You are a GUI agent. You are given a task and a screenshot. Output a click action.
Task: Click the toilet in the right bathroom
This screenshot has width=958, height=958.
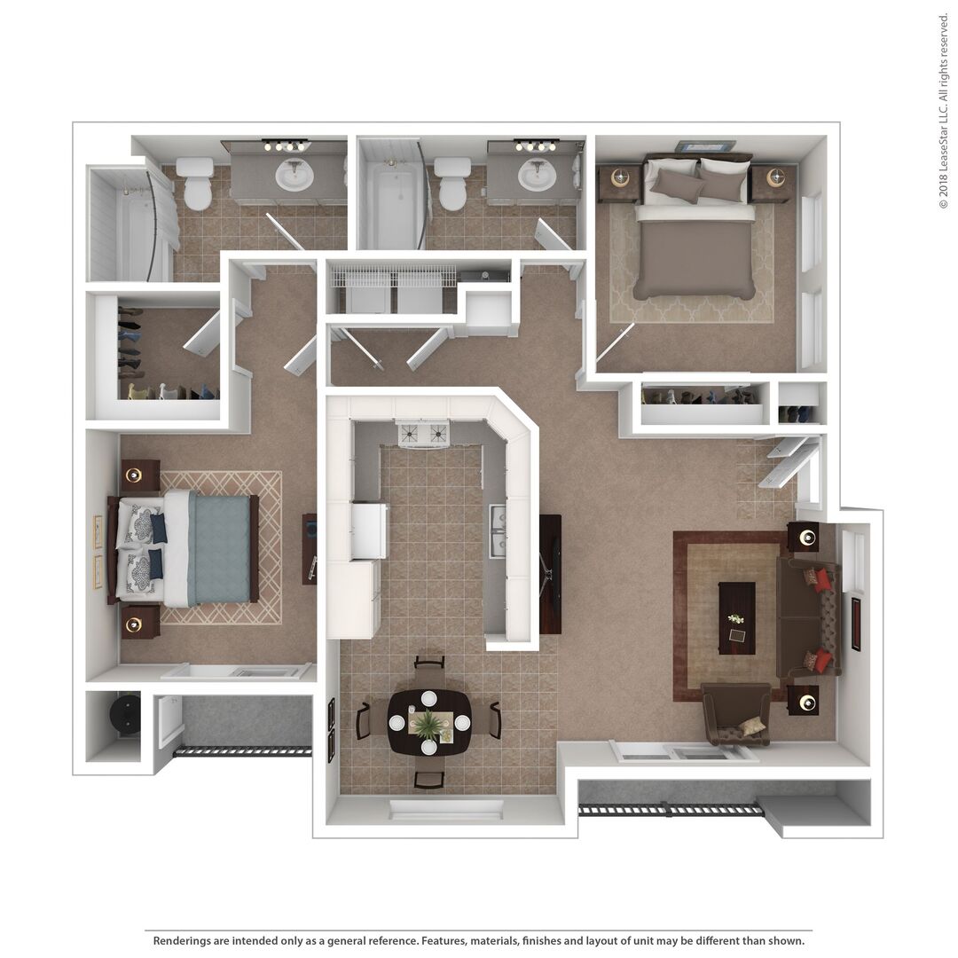[x=452, y=183]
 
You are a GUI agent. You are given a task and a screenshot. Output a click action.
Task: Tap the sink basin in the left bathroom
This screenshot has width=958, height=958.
[x=294, y=175]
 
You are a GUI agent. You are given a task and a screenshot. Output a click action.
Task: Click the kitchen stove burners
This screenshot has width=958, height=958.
[x=423, y=434]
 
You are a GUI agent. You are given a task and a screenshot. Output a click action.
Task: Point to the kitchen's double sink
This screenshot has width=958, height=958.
[x=498, y=530]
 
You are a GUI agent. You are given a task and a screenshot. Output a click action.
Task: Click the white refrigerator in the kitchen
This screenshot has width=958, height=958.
[x=368, y=530]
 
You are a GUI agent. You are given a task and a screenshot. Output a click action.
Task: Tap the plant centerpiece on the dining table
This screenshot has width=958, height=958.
[x=428, y=723]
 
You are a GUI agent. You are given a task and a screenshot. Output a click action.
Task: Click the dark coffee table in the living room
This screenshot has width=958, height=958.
[x=737, y=617]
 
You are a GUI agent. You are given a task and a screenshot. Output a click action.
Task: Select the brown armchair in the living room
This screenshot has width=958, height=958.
[x=735, y=714]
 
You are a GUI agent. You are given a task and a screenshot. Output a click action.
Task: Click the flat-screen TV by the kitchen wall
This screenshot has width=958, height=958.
[x=550, y=574]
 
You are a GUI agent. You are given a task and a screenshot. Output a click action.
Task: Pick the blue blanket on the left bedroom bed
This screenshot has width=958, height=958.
[x=219, y=549]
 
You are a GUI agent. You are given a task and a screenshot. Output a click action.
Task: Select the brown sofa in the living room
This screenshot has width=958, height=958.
[x=808, y=617]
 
